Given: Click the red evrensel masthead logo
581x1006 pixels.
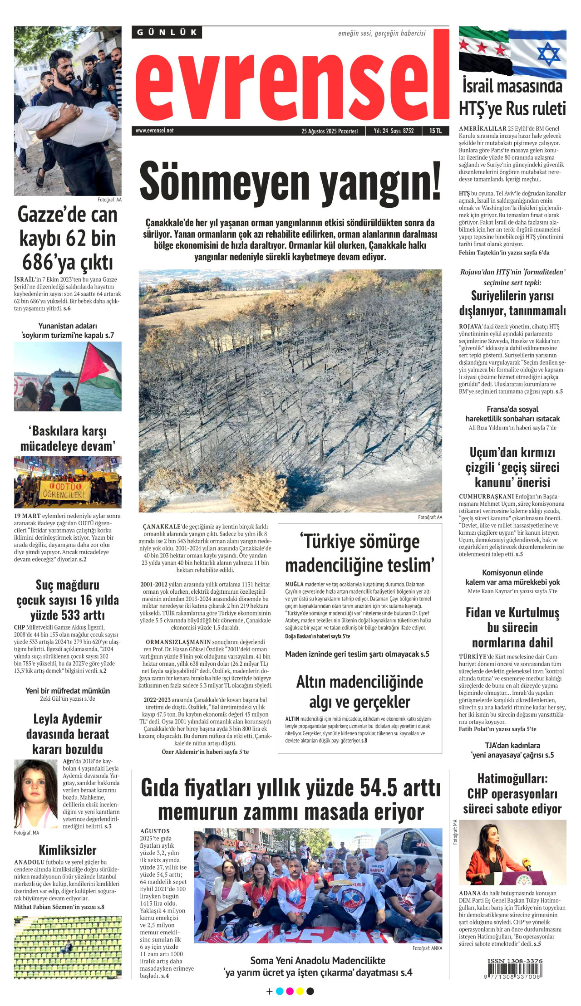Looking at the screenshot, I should [x=290, y=82].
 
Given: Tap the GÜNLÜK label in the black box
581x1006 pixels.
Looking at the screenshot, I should [x=167, y=32].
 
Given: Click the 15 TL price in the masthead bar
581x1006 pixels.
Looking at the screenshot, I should [x=435, y=131].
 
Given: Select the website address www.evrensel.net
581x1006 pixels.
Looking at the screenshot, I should [x=154, y=131].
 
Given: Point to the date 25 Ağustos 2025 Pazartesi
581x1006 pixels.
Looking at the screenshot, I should [x=330, y=131].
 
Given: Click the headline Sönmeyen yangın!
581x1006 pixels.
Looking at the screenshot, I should [x=290, y=181].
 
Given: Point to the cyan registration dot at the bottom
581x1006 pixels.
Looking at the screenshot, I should [x=280, y=991].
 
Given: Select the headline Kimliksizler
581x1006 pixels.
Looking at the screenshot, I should [x=68, y=850].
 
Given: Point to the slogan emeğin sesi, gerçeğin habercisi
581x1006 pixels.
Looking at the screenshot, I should [x=382, y=33].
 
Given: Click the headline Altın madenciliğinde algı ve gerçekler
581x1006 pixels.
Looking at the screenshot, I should [x=359, y=692].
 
